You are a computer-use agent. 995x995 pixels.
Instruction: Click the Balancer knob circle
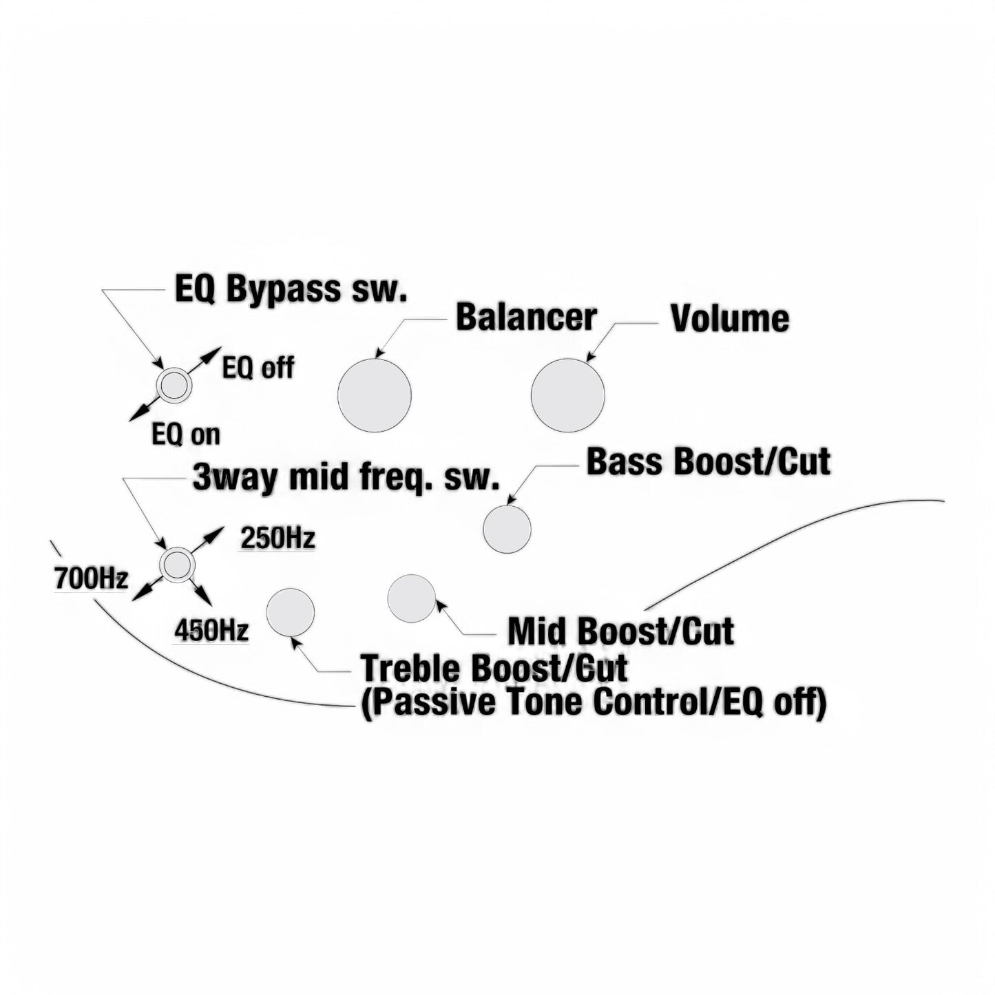[375, 395]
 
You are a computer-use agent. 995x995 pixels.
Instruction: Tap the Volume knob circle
[567, 395]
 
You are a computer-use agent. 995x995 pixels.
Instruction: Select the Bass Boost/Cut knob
[507, 530]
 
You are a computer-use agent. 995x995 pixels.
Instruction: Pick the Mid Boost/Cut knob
[412, 598]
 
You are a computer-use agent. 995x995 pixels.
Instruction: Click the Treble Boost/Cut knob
[290, 612]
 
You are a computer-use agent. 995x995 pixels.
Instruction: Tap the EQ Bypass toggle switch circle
[174, 385]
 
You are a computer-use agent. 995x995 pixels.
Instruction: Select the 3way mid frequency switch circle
[176, 565]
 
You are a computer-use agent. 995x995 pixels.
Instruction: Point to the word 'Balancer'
[526, 317]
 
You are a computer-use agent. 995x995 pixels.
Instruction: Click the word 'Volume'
[730, 319]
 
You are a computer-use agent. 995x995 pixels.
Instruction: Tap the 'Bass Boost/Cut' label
[709, 461]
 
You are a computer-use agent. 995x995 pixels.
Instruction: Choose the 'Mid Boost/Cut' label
[621, 631]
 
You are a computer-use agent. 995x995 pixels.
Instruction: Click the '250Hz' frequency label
[277, 540]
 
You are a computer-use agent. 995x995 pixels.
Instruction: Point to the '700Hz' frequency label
[91, 579]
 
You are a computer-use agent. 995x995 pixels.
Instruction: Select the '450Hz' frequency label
[211, 631]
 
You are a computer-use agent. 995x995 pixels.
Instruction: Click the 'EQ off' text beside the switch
[258, 368]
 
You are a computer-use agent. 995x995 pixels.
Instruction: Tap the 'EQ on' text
[186, 434]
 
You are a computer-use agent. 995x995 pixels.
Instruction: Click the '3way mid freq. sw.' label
[346, 478]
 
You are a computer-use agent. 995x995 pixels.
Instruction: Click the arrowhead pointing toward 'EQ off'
[213, 354]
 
